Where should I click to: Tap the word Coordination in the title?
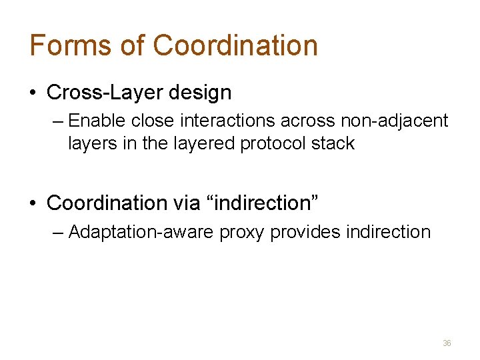click(x=235, y=45)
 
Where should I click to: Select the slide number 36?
click(x=447, y=343)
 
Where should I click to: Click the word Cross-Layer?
click(x=105, y=93)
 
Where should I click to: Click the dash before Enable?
click(x=57, y=121)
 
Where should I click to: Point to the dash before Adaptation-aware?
click(x=57, y=233)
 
